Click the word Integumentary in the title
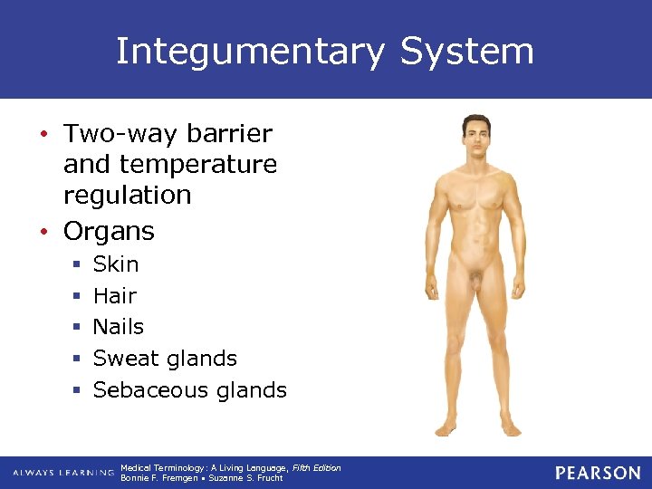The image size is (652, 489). [x=251, y=52]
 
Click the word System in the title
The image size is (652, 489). [x=466, y=52]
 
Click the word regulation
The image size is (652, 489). [x=127, y=196]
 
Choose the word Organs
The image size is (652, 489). [x=109, y=231]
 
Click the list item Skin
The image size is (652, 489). [x=116, y=264]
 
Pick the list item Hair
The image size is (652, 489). [x=115, y=295]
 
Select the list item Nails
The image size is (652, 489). [x=119, y=326]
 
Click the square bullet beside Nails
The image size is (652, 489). [x=76, y=327]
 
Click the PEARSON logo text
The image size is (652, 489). [x=597, y=473]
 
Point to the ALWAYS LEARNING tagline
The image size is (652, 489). [x=63, y=473]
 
